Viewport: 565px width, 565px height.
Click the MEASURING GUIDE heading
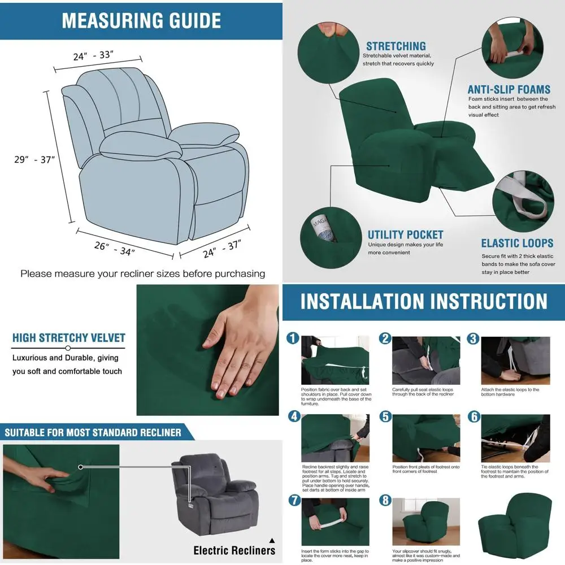click(141, 20)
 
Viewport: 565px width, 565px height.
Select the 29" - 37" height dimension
click(34, 159)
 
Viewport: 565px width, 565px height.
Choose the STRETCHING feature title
click(395, 46)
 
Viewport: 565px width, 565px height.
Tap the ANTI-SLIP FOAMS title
click(508, 89)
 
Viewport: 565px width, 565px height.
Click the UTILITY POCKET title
click(405, 234)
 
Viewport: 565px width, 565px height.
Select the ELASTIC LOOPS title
click(517, 243)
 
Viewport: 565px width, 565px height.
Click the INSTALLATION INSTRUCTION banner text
click(424, 301)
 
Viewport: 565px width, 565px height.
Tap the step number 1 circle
click(293, 338)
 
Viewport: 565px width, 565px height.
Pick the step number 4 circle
click(293, 416)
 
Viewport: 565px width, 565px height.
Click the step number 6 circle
click(473, 416)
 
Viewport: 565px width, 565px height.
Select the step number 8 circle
click(385, 500)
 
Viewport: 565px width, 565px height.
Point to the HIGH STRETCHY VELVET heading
click(68, 338)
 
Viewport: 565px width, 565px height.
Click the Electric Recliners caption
click(234, 550)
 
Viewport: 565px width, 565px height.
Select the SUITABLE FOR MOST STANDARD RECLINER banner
click(93, 433)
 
